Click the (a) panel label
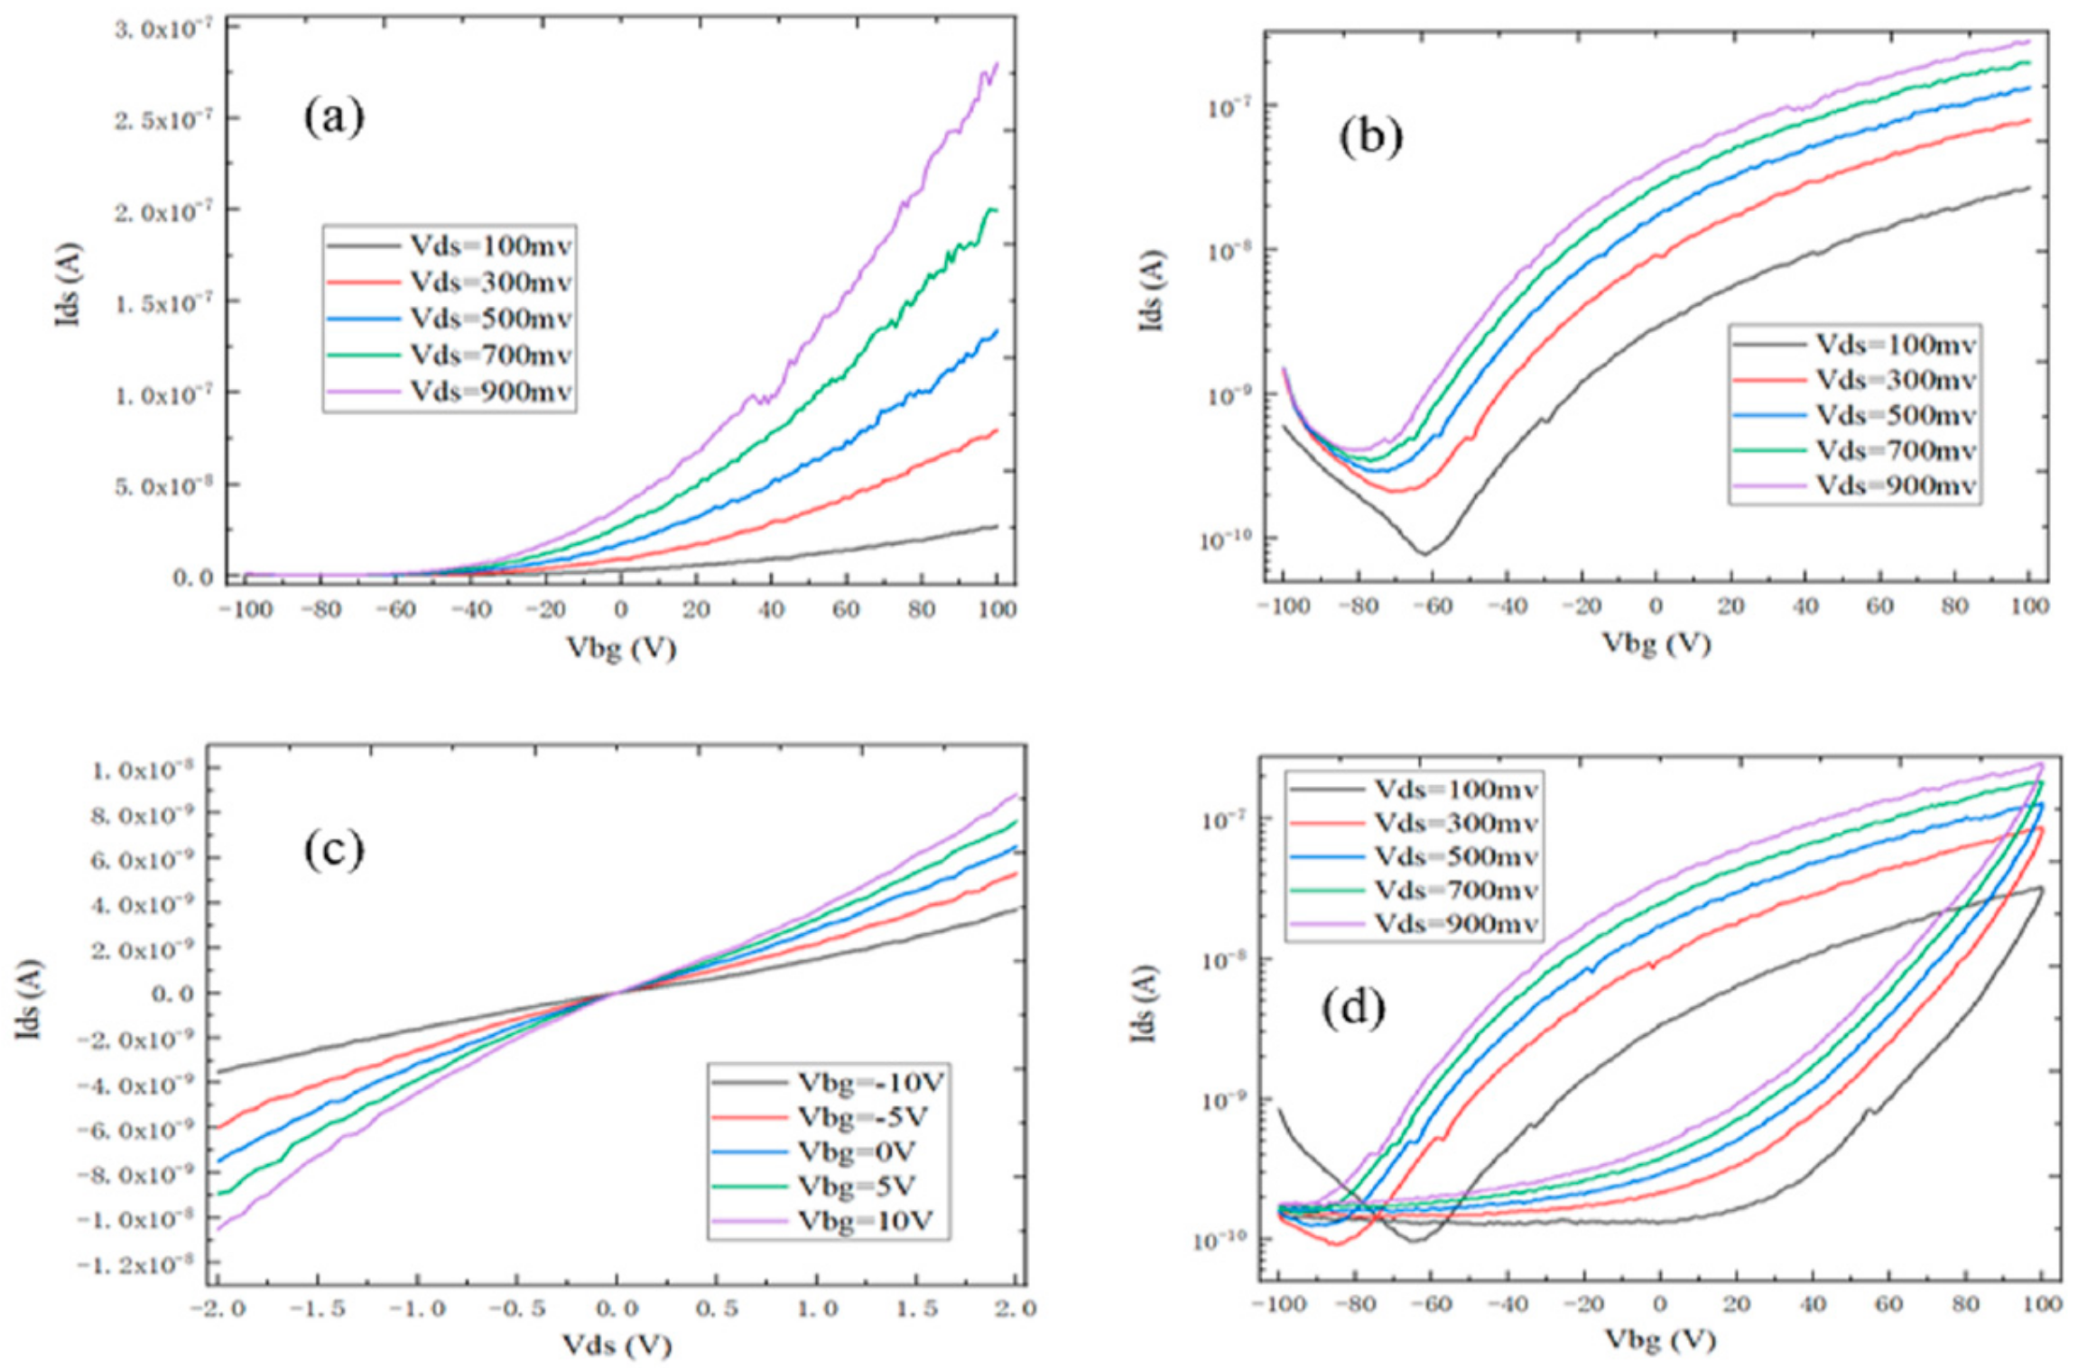coord(333,117)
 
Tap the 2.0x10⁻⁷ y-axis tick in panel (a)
coord(163,211)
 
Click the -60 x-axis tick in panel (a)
coord(395,610)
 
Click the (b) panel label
coord(1370,137)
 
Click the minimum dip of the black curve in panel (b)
coord(1425,552)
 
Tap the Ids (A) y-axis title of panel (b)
coord(1152,291)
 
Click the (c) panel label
coord(333,850)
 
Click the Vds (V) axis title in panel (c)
coord(617,1346)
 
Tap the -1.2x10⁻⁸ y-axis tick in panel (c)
coord(135,1265)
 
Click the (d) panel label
coord(1353,1009)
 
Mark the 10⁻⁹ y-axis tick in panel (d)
coord(1223,1100)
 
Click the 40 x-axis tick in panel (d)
coord(1812,1304)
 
